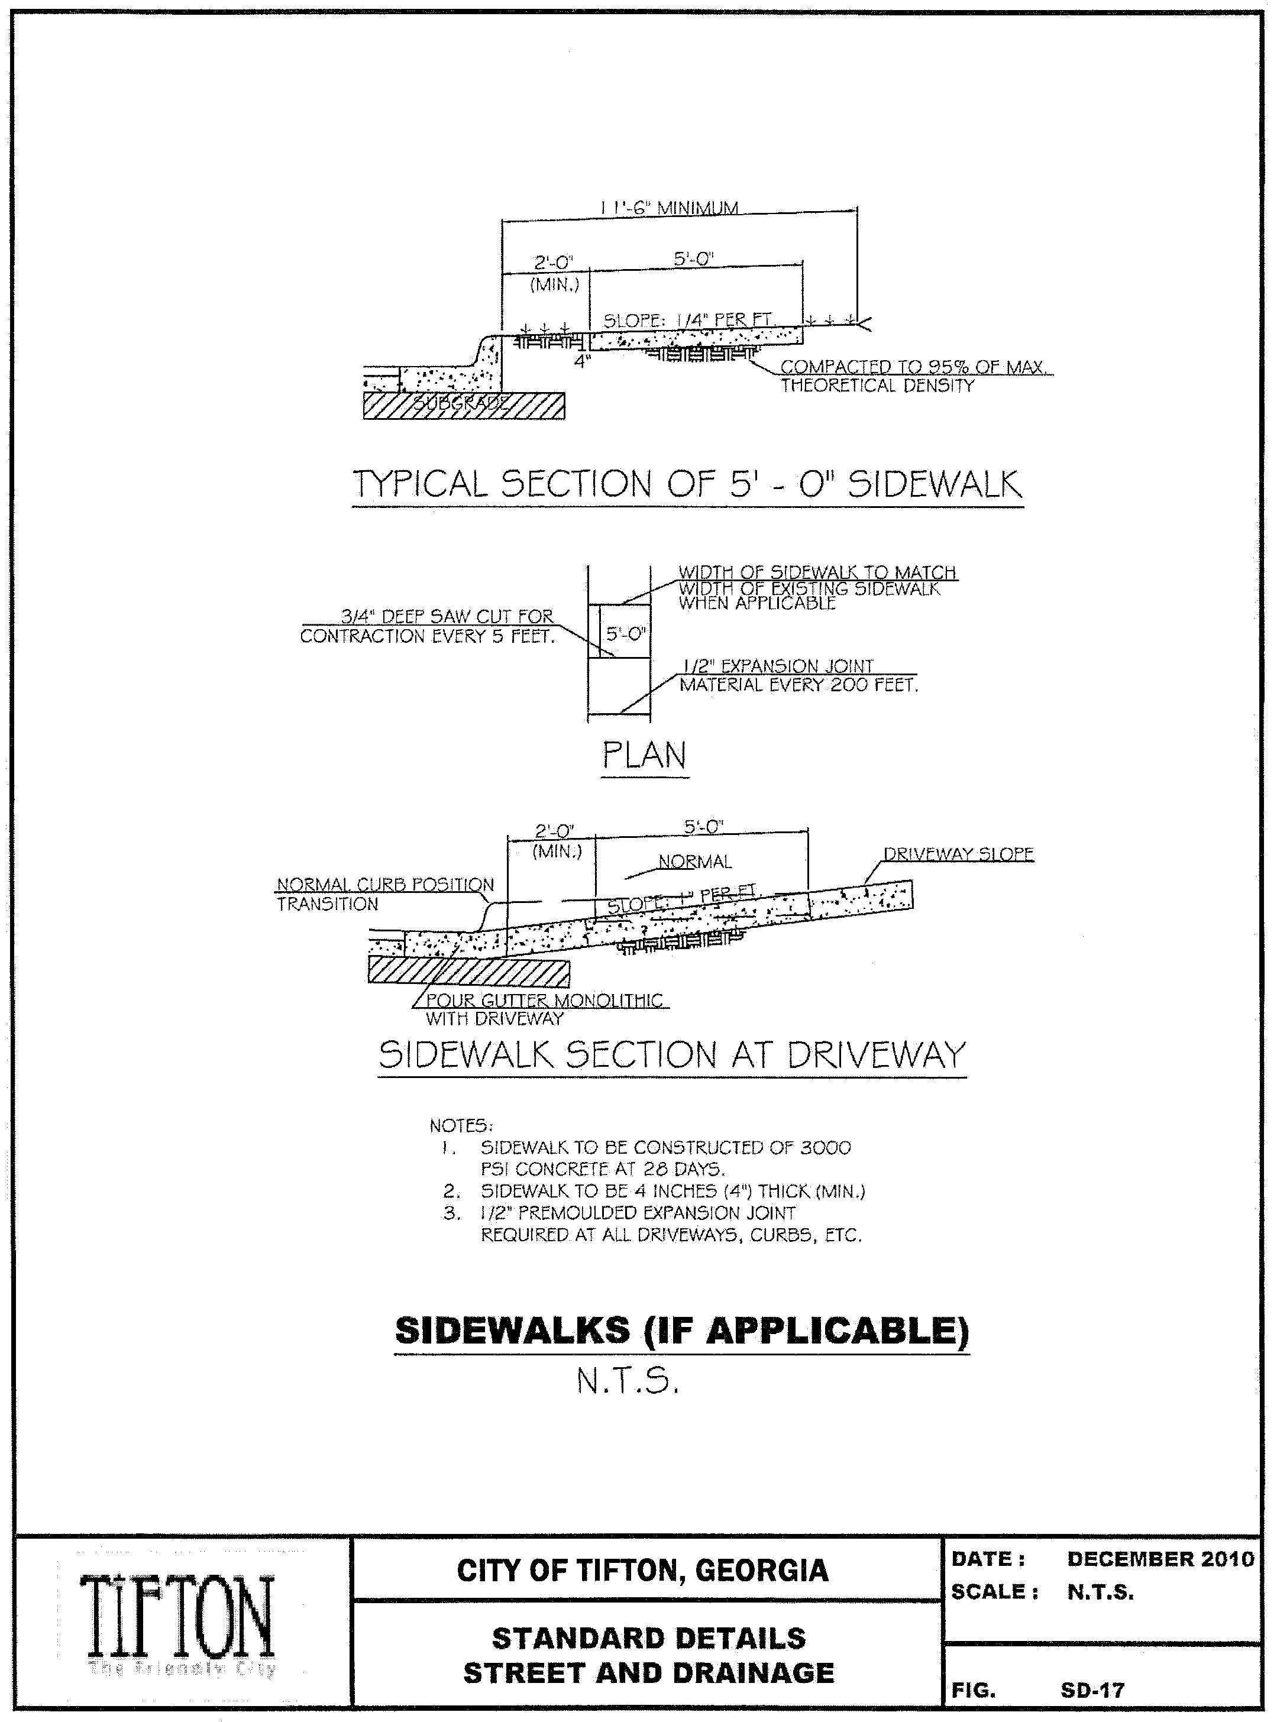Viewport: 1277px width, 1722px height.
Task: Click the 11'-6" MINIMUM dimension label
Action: pos(670,208)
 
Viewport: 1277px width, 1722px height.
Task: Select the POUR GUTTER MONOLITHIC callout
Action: pos(544,1001)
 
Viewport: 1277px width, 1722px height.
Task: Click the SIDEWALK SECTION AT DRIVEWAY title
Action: pos(673,1055)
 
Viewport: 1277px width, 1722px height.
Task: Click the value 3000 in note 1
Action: pos(825,1148)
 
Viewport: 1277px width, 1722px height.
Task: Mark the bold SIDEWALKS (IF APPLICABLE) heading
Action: pos(682,1330)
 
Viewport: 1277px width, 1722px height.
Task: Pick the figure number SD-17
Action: pos(1092,1690)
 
